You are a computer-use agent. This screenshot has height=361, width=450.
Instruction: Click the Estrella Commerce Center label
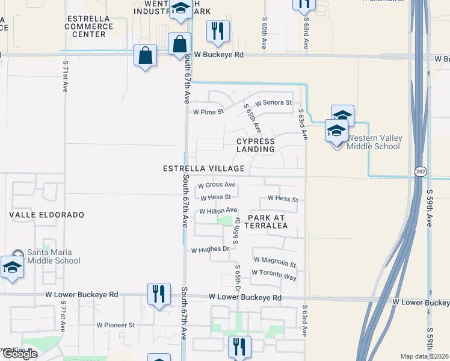pyautogui.click(x=88, y=26)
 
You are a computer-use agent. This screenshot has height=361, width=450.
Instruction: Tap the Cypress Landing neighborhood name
pyautogui.click(x=255, y=145)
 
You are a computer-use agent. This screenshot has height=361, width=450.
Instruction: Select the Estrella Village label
pyautogui.click(x=204, y=169)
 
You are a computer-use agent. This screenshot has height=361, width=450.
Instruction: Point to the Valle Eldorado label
pyautogui.click(x=46, y=215)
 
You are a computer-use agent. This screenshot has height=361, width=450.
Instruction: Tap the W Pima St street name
pyautogui.click(x=208, y=112)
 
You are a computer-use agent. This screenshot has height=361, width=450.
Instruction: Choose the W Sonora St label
pyautogui.click(x=273, y=103)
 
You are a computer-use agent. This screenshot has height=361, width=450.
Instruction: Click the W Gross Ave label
pyautogui.click(x=217, y=185)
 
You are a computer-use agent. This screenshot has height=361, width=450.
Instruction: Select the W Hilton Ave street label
pyautogui.click(x=218, y=210)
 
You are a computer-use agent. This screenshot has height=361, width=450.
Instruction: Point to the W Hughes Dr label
pyautogui.click(x=211, y=249)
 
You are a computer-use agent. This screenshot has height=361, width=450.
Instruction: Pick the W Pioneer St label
pyautogui.click(x=116, y=325)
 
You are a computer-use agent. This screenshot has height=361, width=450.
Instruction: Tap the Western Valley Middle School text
pyautogui.click(x=374, y=143)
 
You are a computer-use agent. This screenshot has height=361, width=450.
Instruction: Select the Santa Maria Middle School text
pyautogui.click(x=54, y=256)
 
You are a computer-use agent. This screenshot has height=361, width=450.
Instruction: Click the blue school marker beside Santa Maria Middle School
pyautogui.click(x=12, y=268)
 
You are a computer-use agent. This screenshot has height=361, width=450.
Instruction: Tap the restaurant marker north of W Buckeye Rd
pyautogui.click(x=218, y=31)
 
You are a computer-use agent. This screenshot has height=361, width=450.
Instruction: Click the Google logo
pyautogui.click(x=19, y=354)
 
